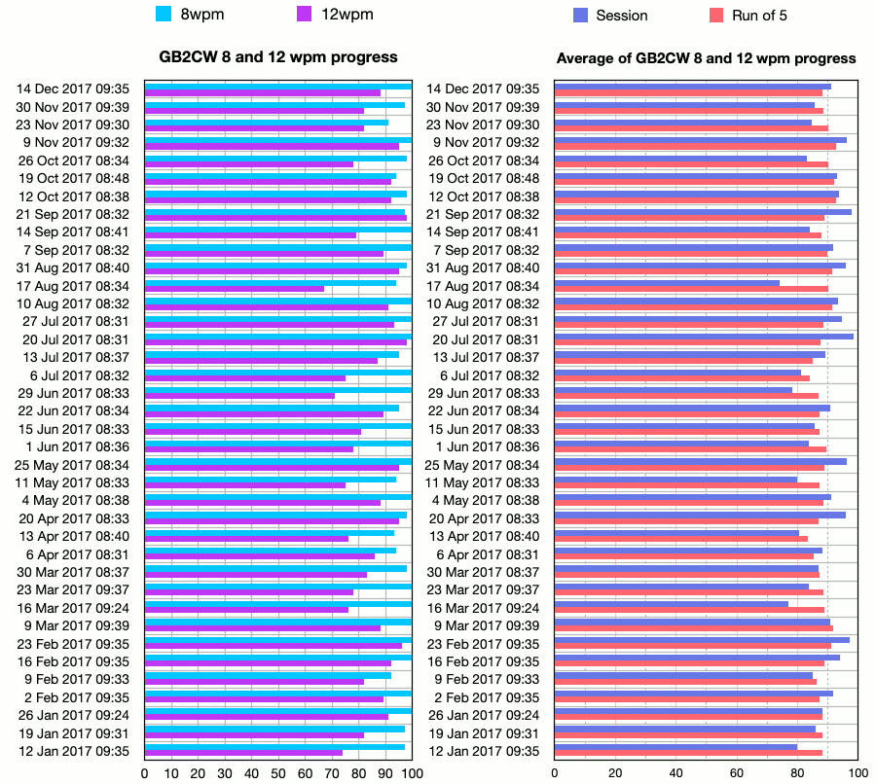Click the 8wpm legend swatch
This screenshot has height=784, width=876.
pos(164,15)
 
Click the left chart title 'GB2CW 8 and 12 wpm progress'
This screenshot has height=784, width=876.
pos(278,57)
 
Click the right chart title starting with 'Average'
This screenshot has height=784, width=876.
pos(706,58)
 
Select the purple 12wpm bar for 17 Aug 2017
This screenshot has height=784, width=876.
pos(234,288)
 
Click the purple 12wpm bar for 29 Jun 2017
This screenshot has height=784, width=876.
pos(239,396)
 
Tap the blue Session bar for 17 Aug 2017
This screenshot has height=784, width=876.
pos(667,283)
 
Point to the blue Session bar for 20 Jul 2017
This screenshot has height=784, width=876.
pos(704,337)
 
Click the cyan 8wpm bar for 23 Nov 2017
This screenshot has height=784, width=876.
pos(266,123)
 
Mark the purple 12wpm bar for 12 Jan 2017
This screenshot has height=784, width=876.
pos(243,753)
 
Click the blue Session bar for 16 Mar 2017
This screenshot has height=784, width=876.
pos(672,604)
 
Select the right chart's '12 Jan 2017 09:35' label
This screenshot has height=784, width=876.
pos(485,751)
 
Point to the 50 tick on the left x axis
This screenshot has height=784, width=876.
pos(278,773)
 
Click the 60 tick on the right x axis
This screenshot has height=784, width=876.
pos(737,773)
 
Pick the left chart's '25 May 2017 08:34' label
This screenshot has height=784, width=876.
pos(73,465)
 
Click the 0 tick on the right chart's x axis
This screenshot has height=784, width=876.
pos(555,773)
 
